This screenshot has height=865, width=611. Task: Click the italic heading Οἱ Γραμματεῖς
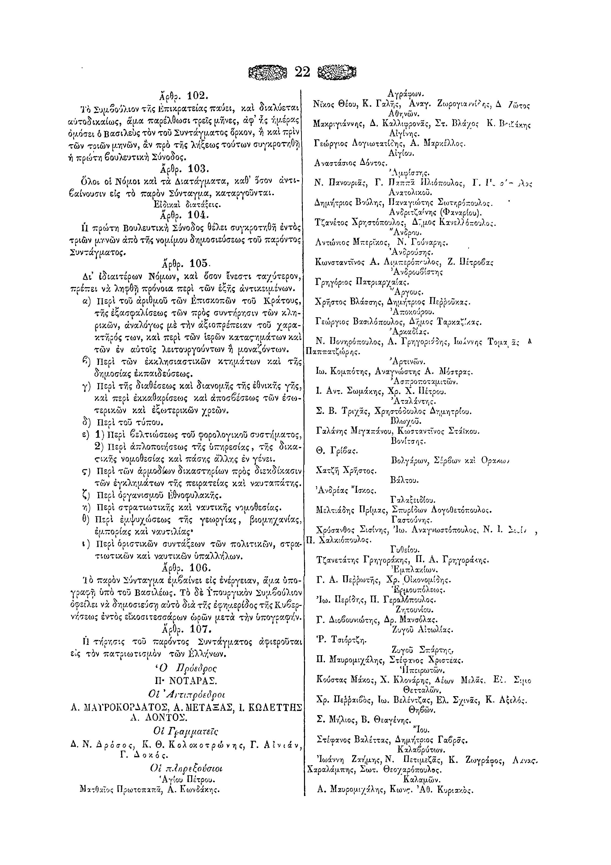coord(186,731)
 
